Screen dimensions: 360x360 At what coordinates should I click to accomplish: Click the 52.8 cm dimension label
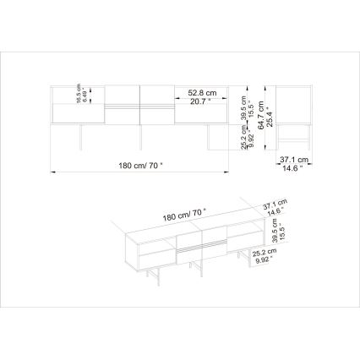[190, 92]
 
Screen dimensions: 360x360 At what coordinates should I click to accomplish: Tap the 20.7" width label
[190, 101]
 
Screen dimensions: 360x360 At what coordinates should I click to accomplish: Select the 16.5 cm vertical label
[79, 93]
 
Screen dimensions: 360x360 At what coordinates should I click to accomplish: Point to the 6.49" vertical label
[85, 93]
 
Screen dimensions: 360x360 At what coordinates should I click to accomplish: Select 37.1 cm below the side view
[294, 159]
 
